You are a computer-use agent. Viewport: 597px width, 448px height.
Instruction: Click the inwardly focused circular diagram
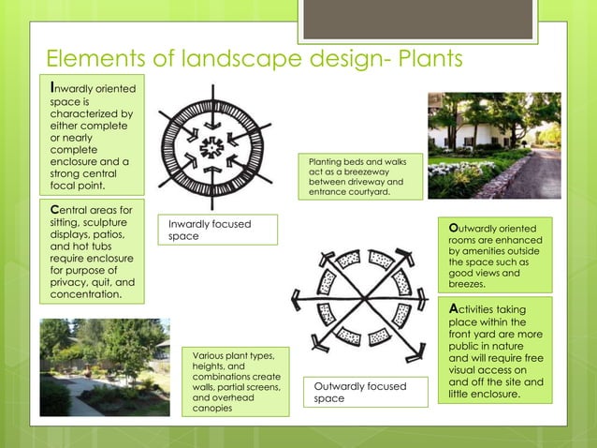(213, 146)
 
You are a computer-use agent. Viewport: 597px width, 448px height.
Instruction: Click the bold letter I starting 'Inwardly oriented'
(52, 87)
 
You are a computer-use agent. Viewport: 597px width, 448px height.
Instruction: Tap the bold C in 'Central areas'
(54, 209)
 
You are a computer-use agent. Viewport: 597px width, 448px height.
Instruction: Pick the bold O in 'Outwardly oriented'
(454, 227)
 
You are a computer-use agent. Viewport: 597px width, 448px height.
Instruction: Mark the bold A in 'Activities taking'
(454, 308)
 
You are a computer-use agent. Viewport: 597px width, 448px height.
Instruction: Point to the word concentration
(86, 294)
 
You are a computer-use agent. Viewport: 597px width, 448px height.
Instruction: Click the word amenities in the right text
(474, 251)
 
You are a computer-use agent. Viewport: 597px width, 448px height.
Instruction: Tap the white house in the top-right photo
(477, 131)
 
